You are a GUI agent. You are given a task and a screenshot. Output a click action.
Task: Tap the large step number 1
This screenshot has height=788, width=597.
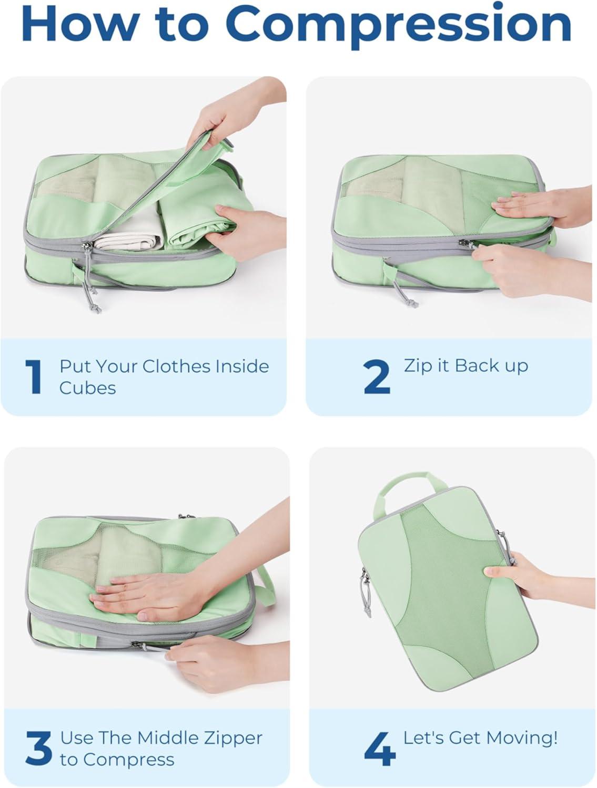click(34, 377)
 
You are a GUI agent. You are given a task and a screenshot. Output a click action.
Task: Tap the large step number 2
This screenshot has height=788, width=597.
click(377, 377)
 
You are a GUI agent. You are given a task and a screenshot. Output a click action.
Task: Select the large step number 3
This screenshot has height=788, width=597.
click(38, 749)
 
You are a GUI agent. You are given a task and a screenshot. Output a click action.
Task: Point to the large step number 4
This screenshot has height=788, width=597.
click(380, 749)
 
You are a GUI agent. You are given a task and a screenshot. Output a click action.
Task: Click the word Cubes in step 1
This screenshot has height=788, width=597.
click(87, 388)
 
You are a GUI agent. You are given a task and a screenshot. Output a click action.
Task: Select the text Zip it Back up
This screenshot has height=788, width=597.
click(466, 366)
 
